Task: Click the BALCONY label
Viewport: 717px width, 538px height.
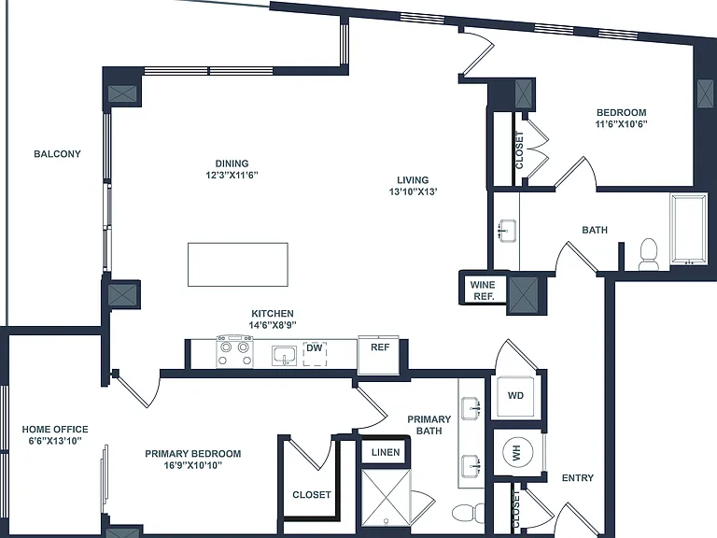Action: pos(57,154)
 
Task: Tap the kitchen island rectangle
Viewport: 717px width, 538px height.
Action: pos(238,264)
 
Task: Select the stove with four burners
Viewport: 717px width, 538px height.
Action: pos(235,352)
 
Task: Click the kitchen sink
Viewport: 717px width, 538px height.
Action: pos(285,356)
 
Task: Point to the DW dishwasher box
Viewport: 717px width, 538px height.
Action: pos(315,354)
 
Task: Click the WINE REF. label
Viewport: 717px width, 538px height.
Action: pos(483,290)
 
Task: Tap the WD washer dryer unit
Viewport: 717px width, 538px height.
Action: pos(515,396)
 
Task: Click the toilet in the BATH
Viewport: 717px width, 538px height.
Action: pos(648,254)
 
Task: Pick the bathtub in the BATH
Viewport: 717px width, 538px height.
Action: pos(688,229)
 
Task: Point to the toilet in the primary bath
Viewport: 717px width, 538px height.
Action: pos(468,514)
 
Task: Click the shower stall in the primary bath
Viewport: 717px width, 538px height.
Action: pos(386,497)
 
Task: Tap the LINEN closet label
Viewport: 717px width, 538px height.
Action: pos(386,452)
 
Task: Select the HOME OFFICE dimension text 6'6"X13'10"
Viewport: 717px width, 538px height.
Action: pos(55,441)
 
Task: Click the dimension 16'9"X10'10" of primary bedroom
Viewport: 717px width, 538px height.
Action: pos(192,466)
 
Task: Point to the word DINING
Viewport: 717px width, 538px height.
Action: pos(232,163)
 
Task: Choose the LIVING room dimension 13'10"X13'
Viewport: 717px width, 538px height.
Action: pos(414,191)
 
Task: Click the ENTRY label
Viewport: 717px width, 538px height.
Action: pos(578,477)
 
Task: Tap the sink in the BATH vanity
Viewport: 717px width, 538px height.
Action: pos(507,231)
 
